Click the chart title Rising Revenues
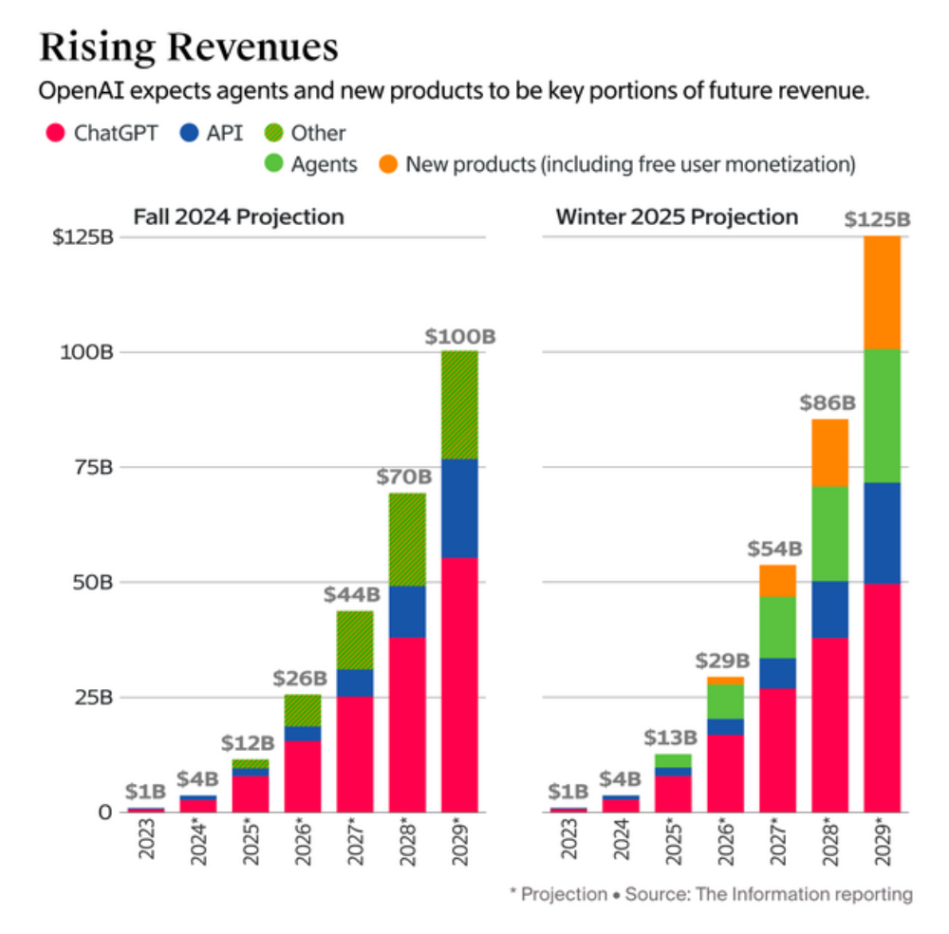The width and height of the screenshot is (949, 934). [x=188, y=47]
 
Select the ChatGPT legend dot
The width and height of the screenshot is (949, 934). [x=53, y=133]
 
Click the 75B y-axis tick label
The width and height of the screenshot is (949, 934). [x=93, y=467]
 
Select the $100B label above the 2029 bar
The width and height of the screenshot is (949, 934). [x=459, y=336]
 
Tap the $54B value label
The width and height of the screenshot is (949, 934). [x=776, y=549]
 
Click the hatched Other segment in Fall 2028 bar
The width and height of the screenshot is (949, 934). [x=407, y=539]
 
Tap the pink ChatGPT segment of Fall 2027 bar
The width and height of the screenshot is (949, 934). [x=354, y=755]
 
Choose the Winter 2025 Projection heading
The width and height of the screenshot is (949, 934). [x=677, y=216]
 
